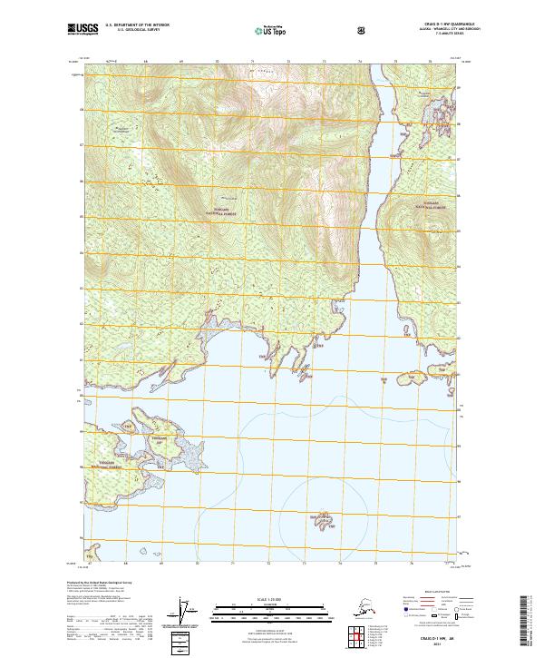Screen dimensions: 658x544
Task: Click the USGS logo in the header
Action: click(x=85, y=29)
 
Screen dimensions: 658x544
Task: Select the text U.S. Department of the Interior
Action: click(x=136, y=25)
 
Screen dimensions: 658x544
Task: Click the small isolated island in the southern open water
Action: click(x=323, y=521)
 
